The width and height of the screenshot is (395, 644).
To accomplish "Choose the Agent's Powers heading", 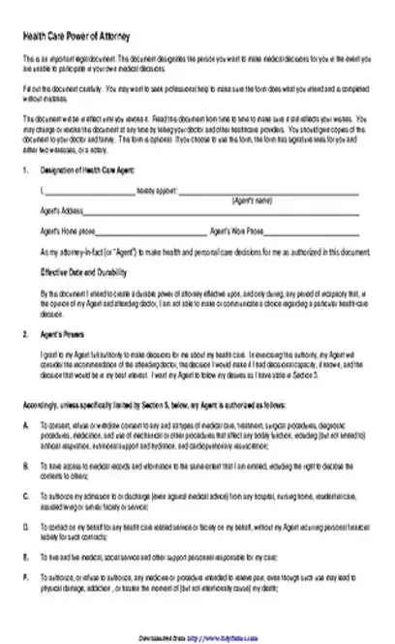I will tap(59, 333).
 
